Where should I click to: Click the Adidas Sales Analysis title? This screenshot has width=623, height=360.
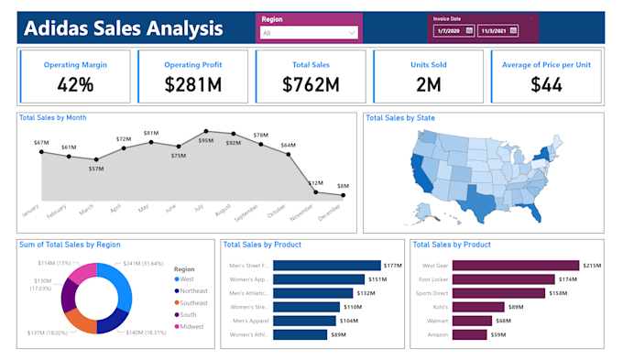coord(123,27)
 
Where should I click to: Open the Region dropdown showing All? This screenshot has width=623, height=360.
coord(309,33)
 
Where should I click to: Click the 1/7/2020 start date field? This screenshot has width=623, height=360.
coord(453,30)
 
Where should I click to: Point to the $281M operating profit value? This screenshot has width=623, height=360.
coord(193,85)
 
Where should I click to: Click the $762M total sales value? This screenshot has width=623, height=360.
coord(311,85)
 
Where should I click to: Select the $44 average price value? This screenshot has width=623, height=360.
coord(547,85)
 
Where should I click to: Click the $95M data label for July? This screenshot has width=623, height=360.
coord(205,140)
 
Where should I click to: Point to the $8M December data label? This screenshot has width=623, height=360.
coord(343,186)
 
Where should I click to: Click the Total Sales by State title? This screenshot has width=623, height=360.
coord(399,117)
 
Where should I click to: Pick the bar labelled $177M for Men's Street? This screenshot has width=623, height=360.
coord(327,266)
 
